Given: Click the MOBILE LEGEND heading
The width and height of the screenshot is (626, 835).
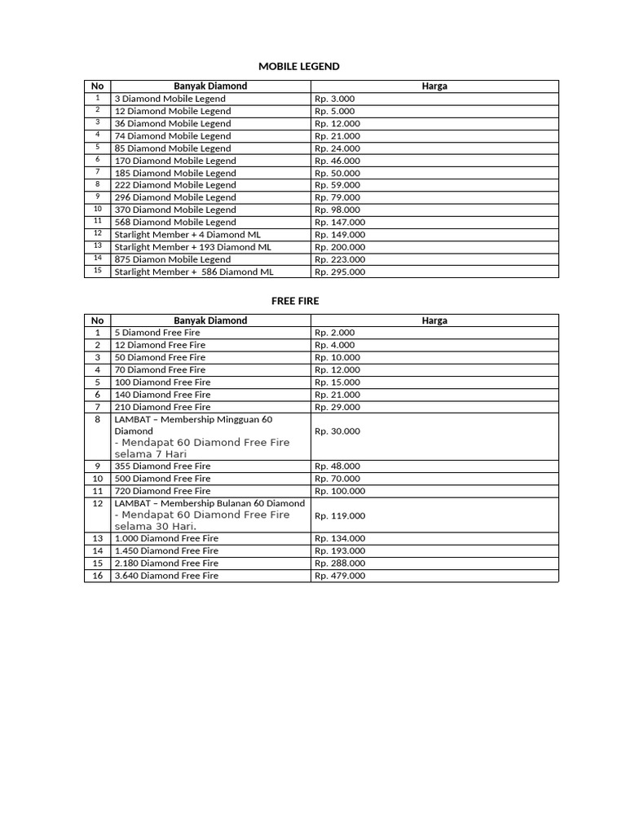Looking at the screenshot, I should (x=299, y=66).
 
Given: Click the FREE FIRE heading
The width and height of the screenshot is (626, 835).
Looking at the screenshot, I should (x=295, y=301).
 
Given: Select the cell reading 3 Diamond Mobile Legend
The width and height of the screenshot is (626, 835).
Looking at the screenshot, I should (x=170, y=99).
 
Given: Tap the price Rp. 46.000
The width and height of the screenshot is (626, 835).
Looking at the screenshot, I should (x=337, y=161).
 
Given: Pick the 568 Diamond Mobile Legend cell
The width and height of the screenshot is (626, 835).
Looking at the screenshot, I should (x=175, y=222).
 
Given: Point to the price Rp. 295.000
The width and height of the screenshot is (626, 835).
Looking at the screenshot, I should (x=340, y=272).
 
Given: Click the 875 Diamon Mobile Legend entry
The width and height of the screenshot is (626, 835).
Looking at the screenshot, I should (x=173, y=259).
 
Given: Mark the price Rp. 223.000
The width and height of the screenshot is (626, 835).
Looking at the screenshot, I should (x=340, y=259).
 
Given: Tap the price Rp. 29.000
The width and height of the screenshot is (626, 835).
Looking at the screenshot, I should (x=337, y=407).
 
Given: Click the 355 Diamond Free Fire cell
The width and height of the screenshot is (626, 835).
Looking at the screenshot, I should (x=162, y=466).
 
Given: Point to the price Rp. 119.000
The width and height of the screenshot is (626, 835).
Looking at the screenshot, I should (x=340, y=515).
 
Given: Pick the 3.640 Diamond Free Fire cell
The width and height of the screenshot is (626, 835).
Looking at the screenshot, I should (x=166, y=576).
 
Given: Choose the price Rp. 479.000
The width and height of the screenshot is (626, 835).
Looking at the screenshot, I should (x=340, y=576).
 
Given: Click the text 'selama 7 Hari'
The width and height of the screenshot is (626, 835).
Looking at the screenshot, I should (x=152, y=453).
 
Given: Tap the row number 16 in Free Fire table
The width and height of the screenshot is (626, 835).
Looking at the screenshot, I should (x=98, y=576).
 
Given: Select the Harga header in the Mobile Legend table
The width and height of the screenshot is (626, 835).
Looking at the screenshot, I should (x=434, y=86).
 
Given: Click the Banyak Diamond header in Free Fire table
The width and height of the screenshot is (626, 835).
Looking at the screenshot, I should (x=210, y=320).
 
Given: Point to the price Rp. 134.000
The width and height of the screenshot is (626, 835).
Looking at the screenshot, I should (x=340, y=538).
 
